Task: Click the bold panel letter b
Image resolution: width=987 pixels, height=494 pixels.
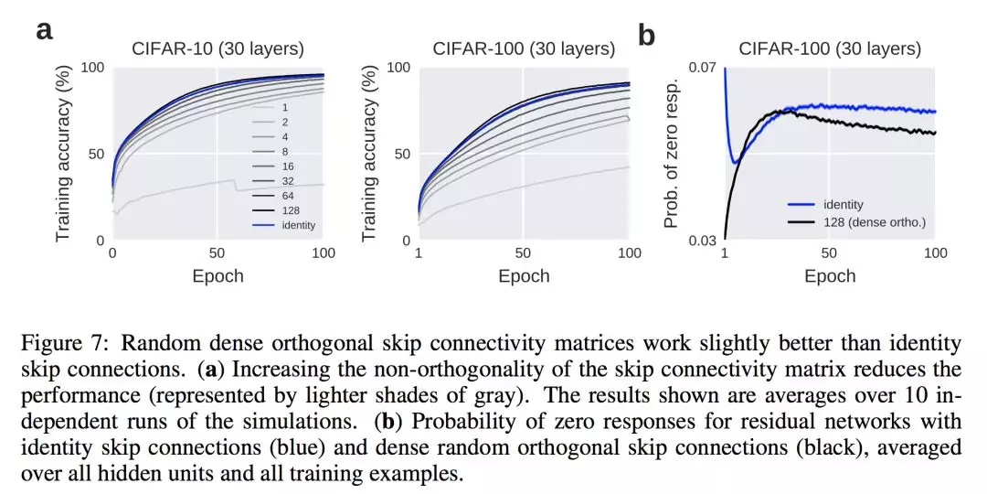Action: pyautogui.click(x=646, y=36)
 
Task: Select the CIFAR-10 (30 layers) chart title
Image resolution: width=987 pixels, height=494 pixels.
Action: pyautogui.click(x=218, y=49)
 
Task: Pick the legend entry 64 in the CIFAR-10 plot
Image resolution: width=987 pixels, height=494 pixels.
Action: pyautogui.click(x=287, y=195)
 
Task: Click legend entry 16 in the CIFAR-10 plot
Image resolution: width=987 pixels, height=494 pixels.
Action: pyautogui.click(x=287, y=166)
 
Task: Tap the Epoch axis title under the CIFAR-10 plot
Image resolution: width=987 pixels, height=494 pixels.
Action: pyautogui.click(x=218, y=275)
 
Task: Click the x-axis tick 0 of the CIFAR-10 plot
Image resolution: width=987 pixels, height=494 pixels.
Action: pyautogui.click(x=112, y=253)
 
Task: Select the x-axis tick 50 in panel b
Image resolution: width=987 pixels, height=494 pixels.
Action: pyautogui.click(x=829, y=253)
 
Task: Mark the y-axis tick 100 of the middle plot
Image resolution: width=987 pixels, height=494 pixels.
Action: pyautogui.click(x=398, y=68)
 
